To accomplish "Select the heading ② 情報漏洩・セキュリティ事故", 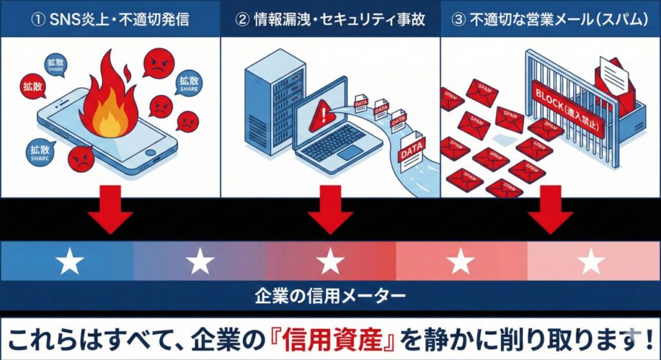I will [x=330, y=19].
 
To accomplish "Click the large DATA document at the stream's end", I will [x=411, y=154].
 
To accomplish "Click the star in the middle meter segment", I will [x=330, y=262].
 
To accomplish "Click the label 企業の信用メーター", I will [x=330, y=297].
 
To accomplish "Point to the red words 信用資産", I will [x=351, y=339].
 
